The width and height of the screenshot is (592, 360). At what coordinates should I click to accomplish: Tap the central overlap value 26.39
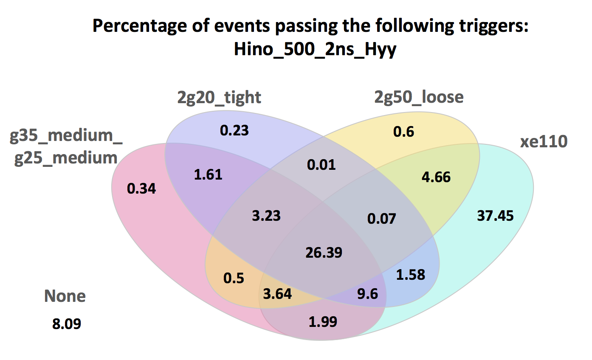point(324,253)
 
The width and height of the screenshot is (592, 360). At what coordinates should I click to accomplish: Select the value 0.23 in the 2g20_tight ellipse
point(234,130)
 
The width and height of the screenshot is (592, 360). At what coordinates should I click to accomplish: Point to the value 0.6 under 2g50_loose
point(403,132)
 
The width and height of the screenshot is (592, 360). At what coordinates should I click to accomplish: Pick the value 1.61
point(208,174)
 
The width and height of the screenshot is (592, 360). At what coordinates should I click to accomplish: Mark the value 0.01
point(321,164)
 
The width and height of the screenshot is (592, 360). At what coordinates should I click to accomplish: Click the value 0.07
point(381,219)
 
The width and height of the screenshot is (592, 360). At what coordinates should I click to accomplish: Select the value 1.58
point(410,274)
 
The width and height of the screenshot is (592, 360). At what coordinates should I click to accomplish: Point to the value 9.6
point(368,293)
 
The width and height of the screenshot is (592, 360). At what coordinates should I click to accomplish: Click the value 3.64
point(277,293)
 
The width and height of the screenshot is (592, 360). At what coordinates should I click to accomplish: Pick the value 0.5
point(234,278)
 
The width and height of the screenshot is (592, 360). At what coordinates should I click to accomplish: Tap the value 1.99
point(323,321)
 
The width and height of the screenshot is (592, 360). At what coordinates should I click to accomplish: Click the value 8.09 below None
point(67,324)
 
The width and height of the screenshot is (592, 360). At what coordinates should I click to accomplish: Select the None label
point(65,296)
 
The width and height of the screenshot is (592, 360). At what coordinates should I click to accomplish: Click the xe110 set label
point(544,142)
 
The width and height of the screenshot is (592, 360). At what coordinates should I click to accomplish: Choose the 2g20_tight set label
point(219,97)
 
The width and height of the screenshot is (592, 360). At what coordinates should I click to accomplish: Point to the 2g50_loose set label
point(418,97)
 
